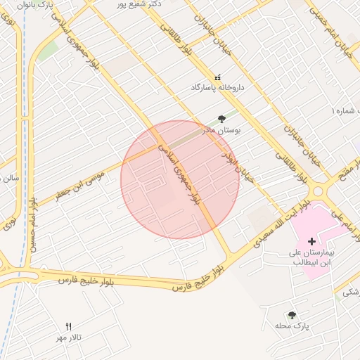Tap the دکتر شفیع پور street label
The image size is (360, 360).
tap(141, 4)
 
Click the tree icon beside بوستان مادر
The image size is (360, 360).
tap(222, 118)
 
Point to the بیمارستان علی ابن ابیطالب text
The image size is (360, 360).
tap(313, 257)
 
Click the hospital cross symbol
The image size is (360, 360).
tap(312, 241)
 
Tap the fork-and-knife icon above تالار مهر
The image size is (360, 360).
tap(68, 326)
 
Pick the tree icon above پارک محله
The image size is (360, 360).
tap(292, 315)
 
